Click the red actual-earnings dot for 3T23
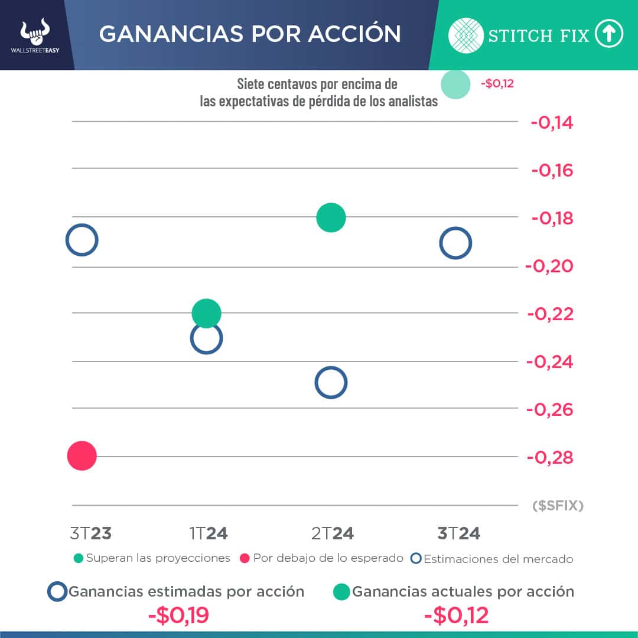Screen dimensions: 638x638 coord(82,455)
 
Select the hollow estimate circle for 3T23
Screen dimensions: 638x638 coord(82,240)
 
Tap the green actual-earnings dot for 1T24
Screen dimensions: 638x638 coord(206,313)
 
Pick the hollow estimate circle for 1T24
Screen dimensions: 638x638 coord(206,338)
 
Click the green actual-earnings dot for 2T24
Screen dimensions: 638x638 coord(331,217)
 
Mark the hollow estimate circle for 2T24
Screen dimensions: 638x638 coord(331,383)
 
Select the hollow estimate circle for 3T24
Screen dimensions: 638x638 coord(455,243)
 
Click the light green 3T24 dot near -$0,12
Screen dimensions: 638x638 coord(455,84)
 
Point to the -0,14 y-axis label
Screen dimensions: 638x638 coord(552,123)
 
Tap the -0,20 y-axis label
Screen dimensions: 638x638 coord(549,266)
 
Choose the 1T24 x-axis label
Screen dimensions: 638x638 coord(209,533)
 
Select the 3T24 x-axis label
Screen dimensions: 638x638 coord(458,533)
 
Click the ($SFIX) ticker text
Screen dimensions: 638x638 coord(558,506)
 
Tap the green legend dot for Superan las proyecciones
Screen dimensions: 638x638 coord(79,558)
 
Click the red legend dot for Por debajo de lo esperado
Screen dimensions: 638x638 coord(245,558)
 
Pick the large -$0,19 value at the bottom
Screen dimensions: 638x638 coord(178,616)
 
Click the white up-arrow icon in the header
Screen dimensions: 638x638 coord(609,35)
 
